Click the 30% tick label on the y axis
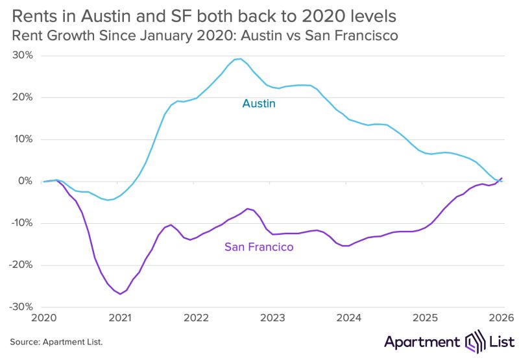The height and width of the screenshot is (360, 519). (23, 56)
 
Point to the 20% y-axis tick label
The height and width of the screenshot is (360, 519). (23, 97)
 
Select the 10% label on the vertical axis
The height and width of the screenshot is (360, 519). (23, 139)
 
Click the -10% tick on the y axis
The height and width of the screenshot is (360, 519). (21, 223)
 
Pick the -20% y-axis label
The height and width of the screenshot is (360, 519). (21, 265)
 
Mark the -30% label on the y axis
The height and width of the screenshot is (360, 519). (21, 307)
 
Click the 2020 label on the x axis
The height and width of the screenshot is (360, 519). (43, 318)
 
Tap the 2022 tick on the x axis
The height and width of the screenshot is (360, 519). (196, 318)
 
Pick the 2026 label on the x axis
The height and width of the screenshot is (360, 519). (500, 318)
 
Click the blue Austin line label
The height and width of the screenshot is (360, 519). (258, 103)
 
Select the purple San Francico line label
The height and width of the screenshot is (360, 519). (259, 247)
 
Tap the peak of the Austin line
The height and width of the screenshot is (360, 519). (240, 59)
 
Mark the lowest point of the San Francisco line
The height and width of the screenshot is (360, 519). (120, 294)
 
